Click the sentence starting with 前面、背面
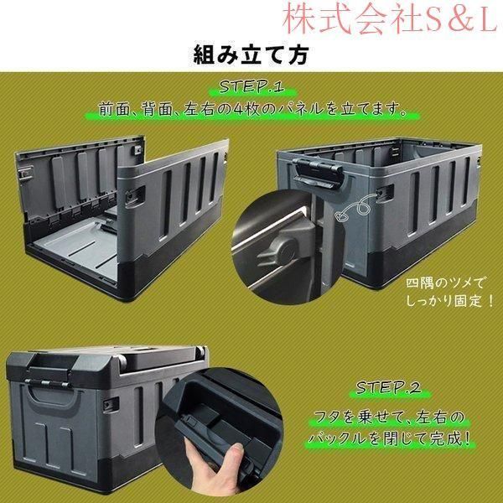[x=251, y=109]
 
